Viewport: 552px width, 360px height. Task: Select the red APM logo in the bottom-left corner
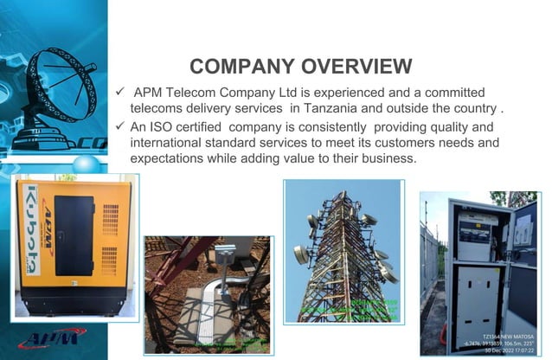[48, 338]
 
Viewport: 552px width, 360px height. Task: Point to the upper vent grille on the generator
[110, 218]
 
